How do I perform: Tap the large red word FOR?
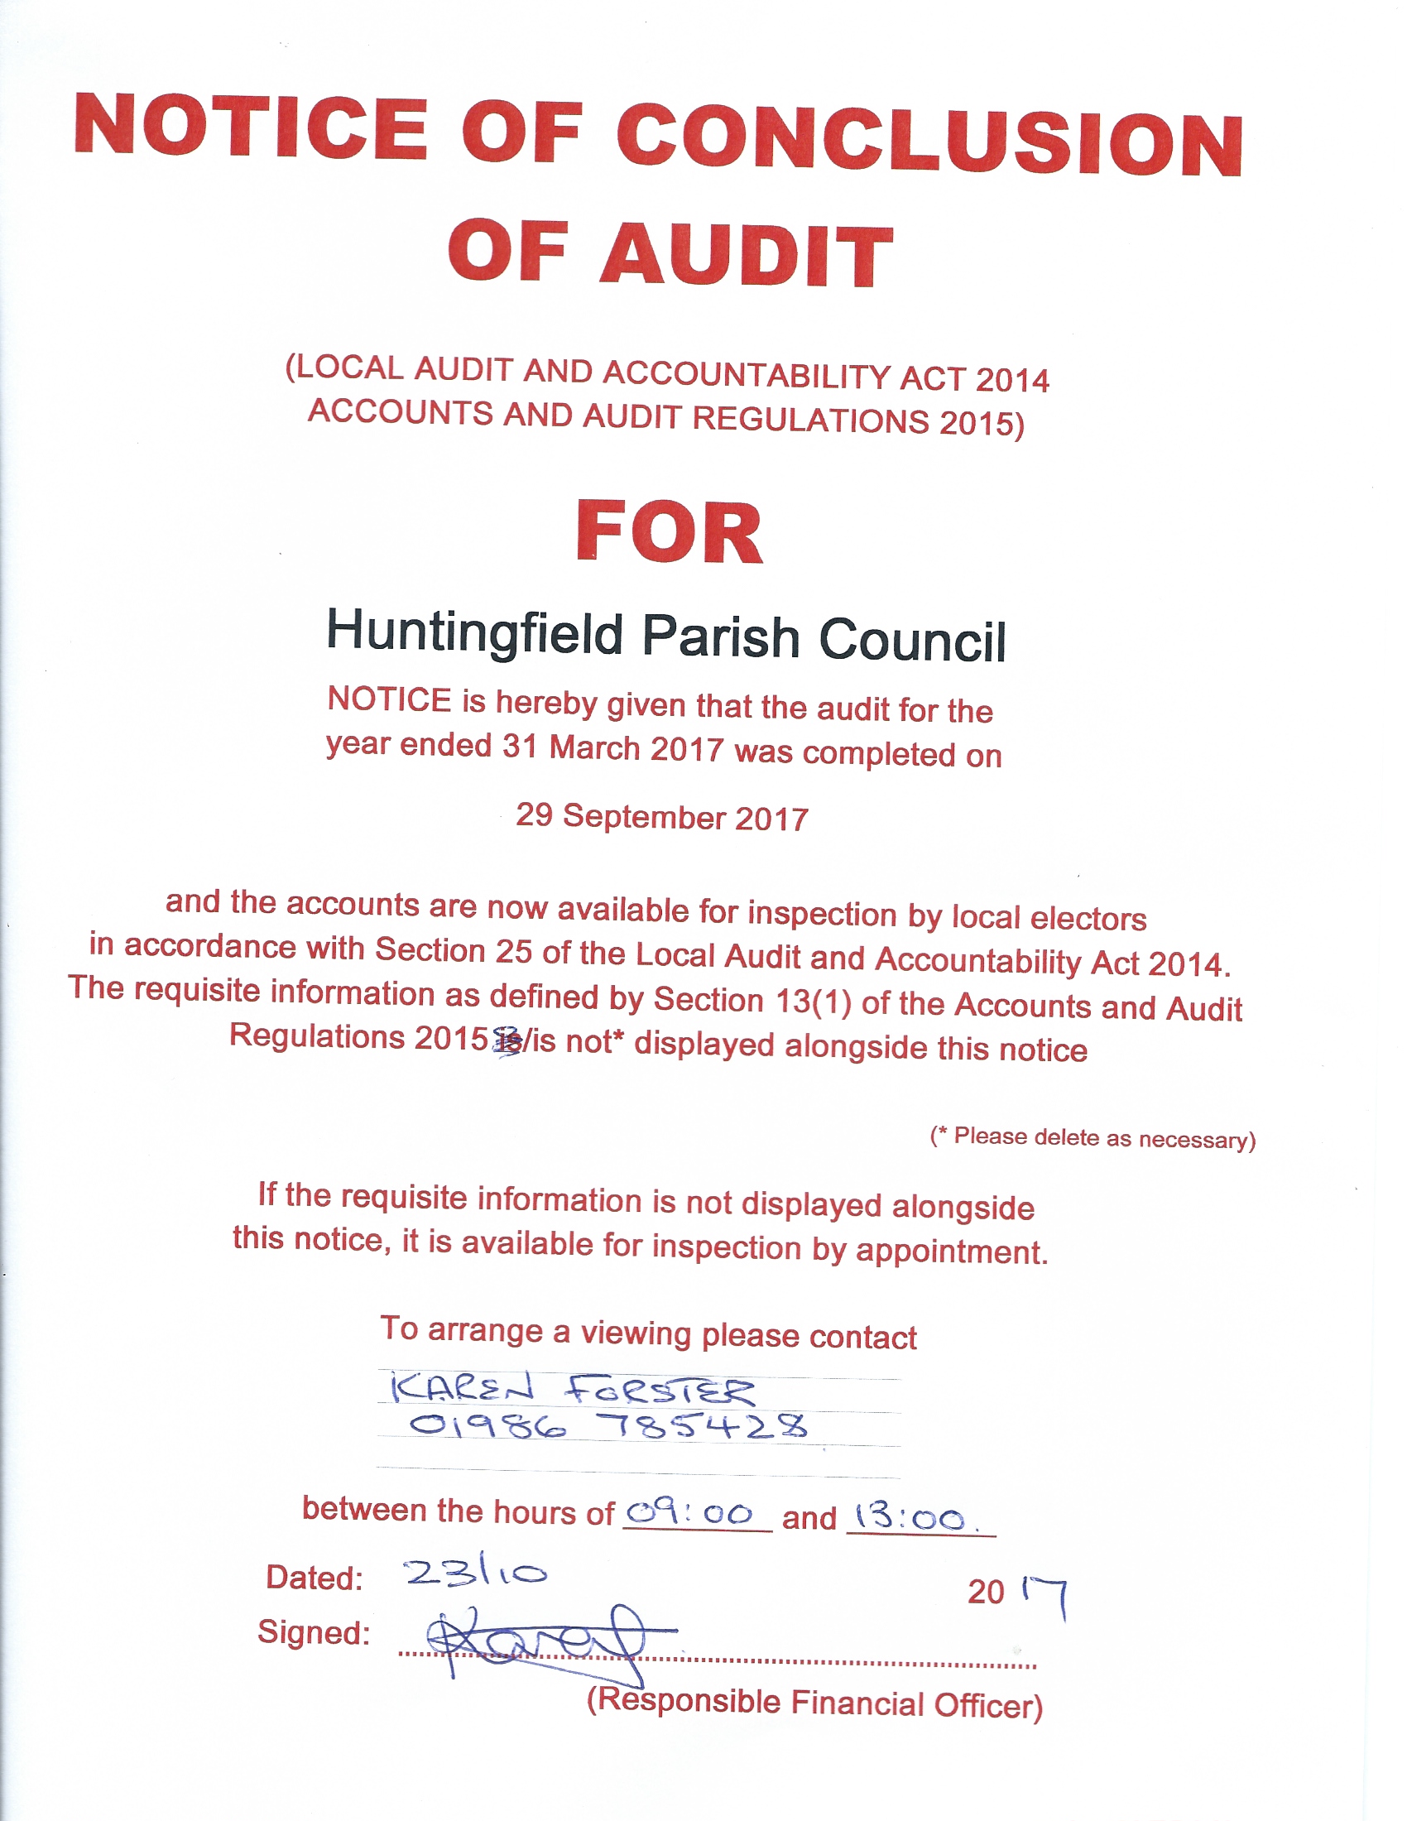670,533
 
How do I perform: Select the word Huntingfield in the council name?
474,633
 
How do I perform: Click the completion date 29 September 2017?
662,817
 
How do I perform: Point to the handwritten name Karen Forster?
573,1390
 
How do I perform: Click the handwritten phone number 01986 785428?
607,1426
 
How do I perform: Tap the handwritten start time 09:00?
689,1513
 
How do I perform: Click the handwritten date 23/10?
476,1573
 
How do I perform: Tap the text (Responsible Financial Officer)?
814,1703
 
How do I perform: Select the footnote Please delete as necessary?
1092,1137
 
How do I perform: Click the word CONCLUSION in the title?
929,139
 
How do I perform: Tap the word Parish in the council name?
720,637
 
